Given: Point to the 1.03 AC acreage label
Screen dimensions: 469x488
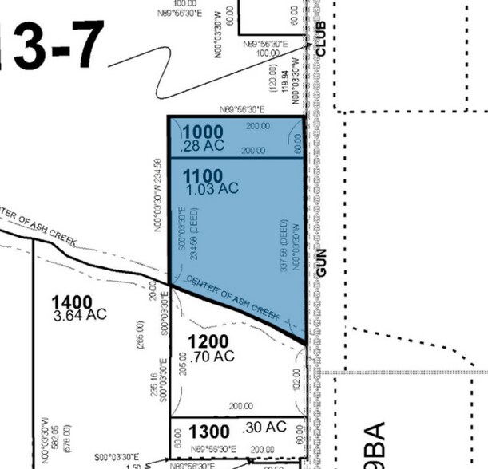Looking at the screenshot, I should click(211, 189).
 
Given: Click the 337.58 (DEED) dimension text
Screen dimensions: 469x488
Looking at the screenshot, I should click(284, 246).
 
